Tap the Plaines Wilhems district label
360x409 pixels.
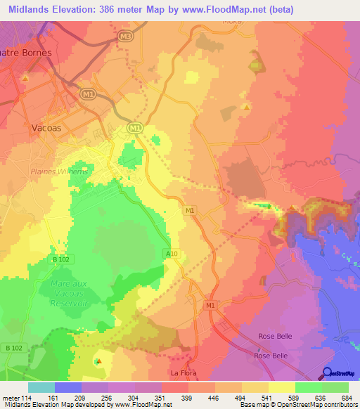tap(59, 171)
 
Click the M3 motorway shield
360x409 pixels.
tap(125, 35)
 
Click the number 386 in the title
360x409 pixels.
tap(127, 9)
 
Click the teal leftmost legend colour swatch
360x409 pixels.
tap(41, 387)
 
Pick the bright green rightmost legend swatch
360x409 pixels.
tap(335, 387)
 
